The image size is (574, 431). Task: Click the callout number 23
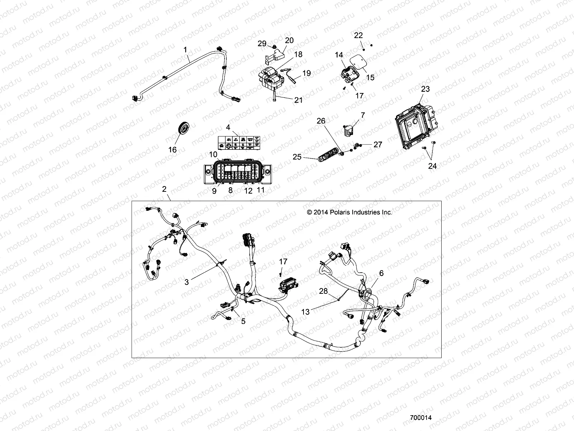[425, 89]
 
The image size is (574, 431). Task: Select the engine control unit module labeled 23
[416, 126]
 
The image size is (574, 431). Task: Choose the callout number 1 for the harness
[185, 50]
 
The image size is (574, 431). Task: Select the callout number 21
[298, 100]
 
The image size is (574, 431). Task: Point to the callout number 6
[381, 273]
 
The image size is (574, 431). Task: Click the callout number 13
[305, 312]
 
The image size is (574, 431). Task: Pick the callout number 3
[187, 282]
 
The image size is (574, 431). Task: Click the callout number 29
[262, 43]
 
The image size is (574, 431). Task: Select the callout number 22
[358, 35]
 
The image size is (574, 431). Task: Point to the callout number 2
[164, 189]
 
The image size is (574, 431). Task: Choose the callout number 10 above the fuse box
[223, 154]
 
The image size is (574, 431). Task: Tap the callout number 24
[433, 166]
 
